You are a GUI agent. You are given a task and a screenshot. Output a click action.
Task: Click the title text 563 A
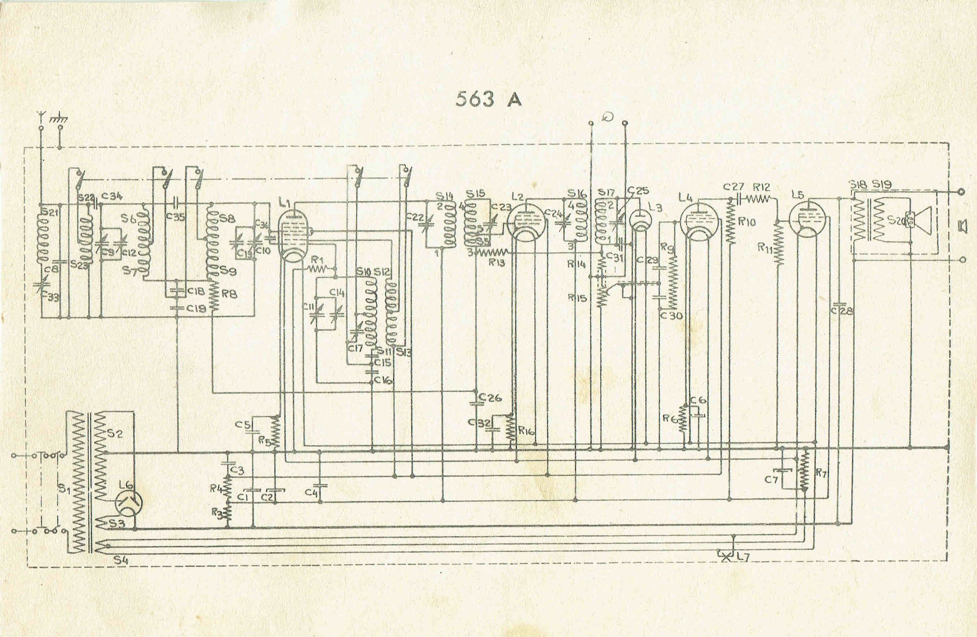tap(488, 99)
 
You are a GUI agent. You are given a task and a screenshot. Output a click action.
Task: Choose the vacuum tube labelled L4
tap(698, 222)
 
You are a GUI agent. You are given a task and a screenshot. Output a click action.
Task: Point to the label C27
tap(734, 187)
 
